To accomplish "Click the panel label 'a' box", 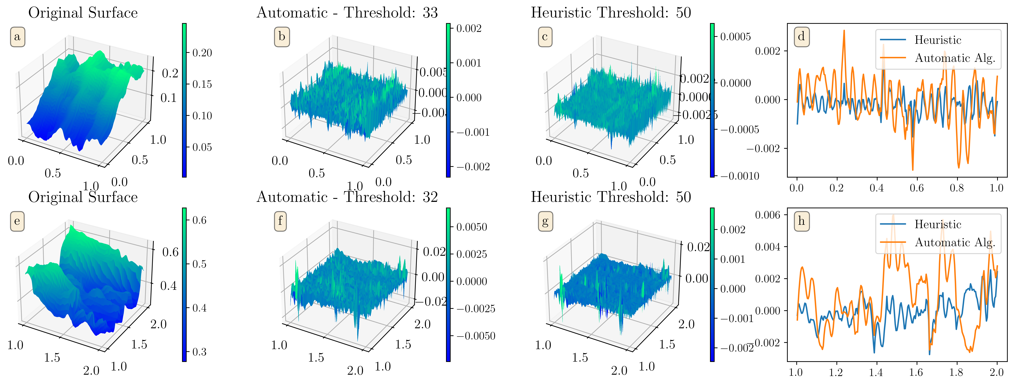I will coord(17,37).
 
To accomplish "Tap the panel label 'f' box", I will coord(280,221).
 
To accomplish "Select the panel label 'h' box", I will coord(801,221).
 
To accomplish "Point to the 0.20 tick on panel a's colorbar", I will coord(202,53).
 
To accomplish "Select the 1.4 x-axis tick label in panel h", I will coord(876,372).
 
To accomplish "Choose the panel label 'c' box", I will coord(545,37).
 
